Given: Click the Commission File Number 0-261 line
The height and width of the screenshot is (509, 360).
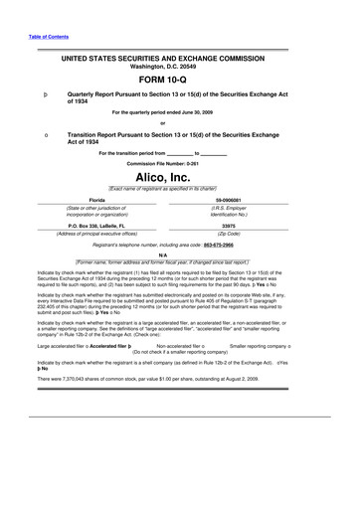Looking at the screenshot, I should [x=179, y=163].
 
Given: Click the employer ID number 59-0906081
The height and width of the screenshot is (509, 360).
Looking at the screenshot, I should [x=264, y=200].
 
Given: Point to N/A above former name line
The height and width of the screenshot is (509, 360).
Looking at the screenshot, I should [x=179, y=254].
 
